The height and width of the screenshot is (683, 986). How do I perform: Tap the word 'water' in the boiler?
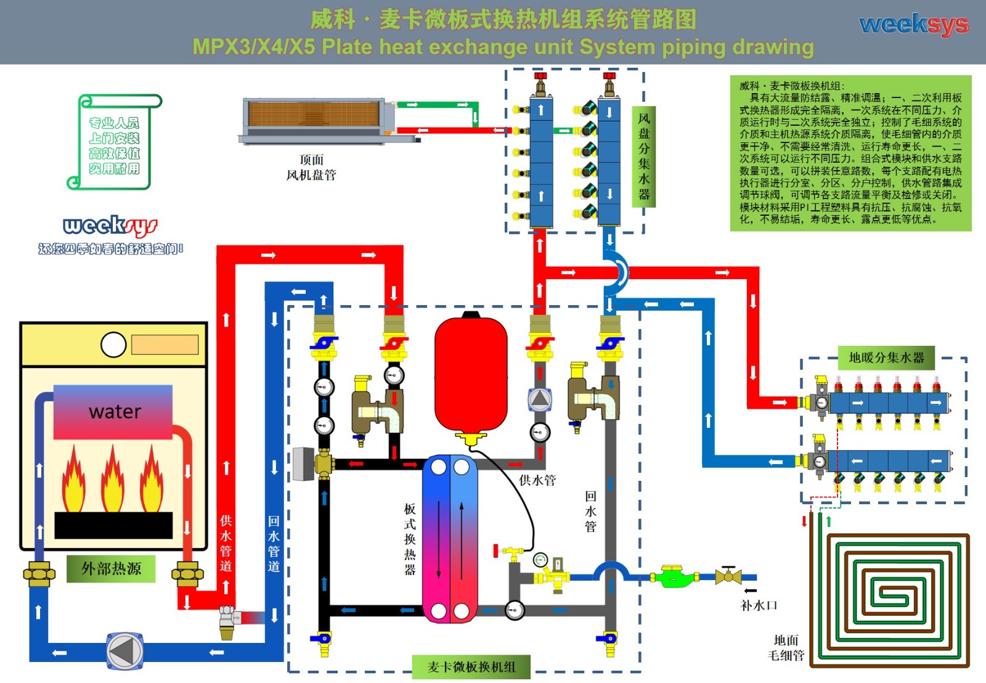click(x=115, y=411)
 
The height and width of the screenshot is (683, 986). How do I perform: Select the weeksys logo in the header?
click(x=914, y=25)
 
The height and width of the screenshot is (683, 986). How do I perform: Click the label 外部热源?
click(x=111, y=568)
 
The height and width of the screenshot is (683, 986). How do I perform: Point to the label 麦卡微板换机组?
click(x=471, y=667)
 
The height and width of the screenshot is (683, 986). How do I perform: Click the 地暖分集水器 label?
click(x=886, y=358)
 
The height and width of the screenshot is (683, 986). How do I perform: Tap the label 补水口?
click(x=759, y=605)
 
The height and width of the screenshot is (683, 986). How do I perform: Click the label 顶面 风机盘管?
click(x=311, y=168)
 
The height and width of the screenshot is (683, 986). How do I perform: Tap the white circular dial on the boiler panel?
click(x=113, y=345)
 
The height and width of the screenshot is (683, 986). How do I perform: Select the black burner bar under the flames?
click(x=113, y=525)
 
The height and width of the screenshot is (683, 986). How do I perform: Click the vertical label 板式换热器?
click(x=410, y=539)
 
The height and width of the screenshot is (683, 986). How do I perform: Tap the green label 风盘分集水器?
click(x=644, y=157)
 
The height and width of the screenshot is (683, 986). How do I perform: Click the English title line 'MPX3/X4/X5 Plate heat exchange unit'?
click(x=503, y=47)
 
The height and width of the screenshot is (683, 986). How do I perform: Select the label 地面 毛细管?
click(x=786, y=648)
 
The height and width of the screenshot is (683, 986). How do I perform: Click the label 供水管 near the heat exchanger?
click(x=537, y=480)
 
